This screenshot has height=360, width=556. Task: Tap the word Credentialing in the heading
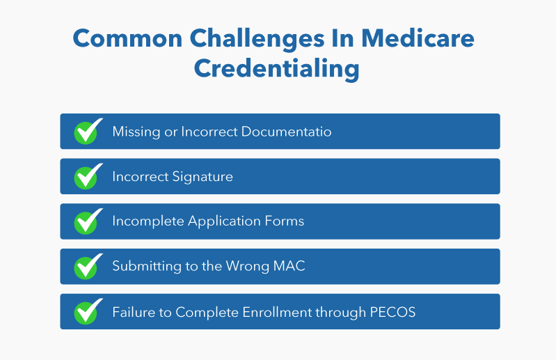277,69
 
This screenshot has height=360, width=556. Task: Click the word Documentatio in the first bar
285,132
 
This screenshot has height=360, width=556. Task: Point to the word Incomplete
148,222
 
